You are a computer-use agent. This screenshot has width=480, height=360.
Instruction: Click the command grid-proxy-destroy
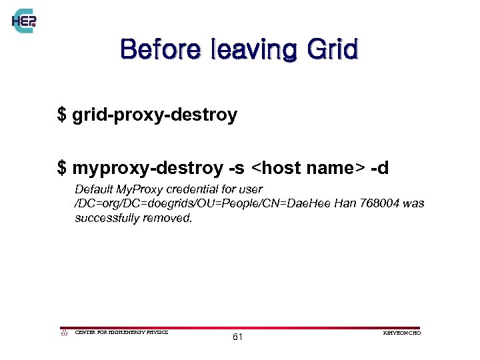155,115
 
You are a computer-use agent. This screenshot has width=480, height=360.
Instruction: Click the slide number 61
238,337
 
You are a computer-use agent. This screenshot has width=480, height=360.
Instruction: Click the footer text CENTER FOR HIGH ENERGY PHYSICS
122,332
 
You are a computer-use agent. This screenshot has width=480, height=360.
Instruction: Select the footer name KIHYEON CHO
403,332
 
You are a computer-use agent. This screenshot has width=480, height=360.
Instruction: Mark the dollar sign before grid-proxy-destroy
62,115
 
